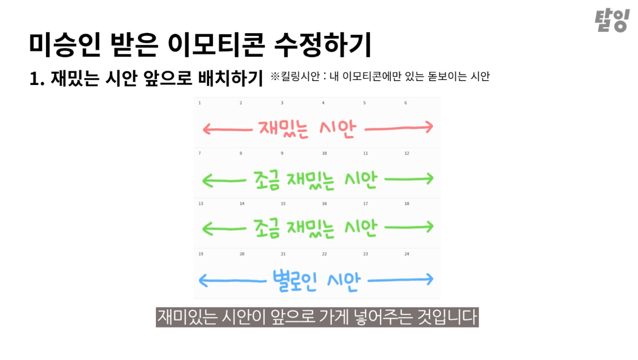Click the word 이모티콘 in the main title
(x=215, y=45)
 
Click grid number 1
(x=200, y=103)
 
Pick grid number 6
(x=405, y=103)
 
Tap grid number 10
(x=324, y=153)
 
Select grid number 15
(x=283, y=204)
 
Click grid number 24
(x=407, y=254)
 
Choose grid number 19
(x=201, y=254)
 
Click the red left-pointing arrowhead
(x=206, y=129)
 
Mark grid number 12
(x=407, y=153)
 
